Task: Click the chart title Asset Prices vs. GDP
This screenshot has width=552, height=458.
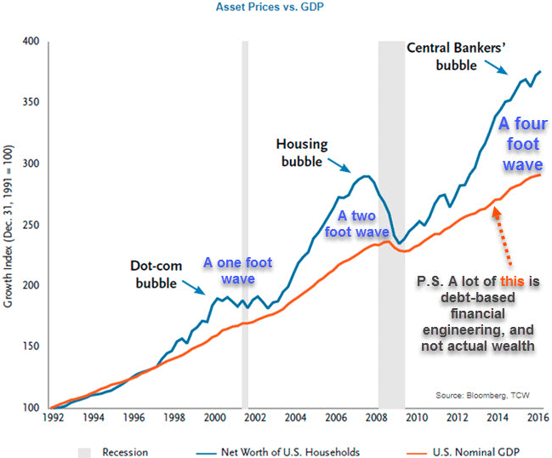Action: click(276, 8)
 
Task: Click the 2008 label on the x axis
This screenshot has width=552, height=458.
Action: click(377, 417)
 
